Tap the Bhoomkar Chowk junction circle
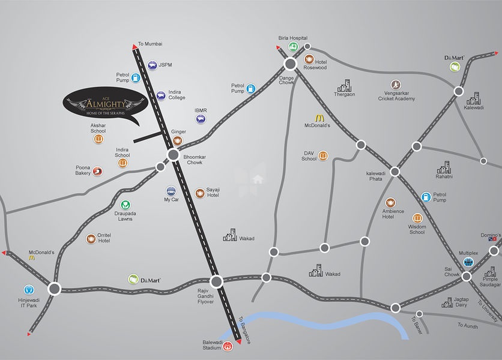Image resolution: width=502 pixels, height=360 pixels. coord(173,155)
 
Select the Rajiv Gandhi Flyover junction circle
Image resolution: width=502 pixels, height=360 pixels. coord(217,280)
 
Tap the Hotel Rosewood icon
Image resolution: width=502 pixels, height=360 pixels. coord(309,59)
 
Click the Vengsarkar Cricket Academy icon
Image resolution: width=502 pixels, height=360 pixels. coord(395,84)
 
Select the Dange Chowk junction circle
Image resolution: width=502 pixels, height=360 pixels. coord(291,64)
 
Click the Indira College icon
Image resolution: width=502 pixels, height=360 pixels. coord(161,95)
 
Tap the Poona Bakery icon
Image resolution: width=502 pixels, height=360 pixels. coord(97,172)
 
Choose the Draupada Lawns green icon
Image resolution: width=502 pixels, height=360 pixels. coord(125,206)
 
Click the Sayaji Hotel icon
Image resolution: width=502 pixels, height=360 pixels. coord(200,193)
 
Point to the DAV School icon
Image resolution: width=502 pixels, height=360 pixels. coord(324,157)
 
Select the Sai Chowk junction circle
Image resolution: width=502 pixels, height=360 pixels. coord(467,277)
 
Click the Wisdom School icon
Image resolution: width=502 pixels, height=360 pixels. coord(417,218)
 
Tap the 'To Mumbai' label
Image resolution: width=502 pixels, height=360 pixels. coord(150,44)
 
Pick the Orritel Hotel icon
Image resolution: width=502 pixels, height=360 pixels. coord(91,239)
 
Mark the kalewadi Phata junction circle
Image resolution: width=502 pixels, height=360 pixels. coord(395,172)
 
